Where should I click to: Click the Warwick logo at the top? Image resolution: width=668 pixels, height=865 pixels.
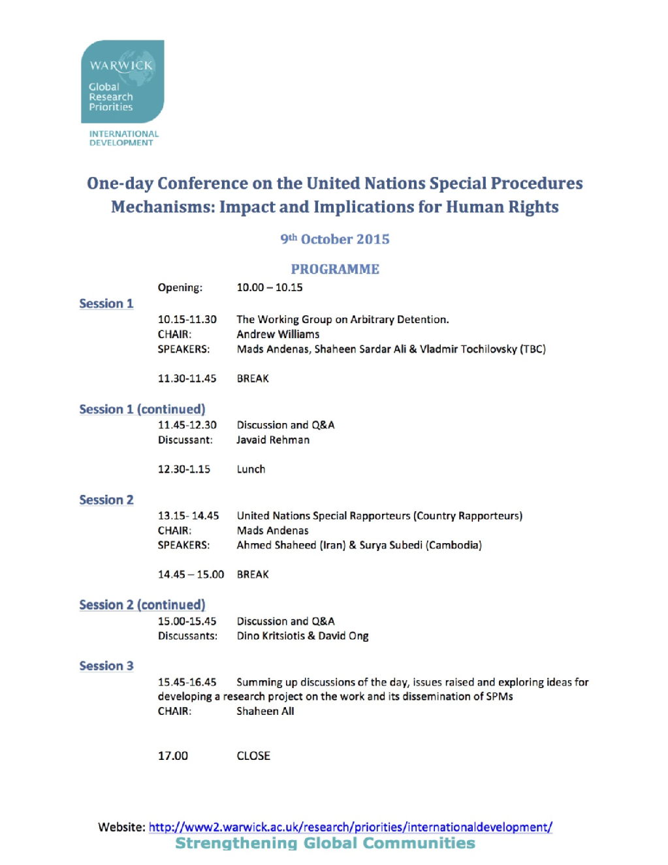point(122,81)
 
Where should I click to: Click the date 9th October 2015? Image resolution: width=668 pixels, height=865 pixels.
point(334,239)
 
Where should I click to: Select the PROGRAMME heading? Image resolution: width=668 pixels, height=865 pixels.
point(334,269)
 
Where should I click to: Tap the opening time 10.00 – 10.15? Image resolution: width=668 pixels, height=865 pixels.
point(269,287)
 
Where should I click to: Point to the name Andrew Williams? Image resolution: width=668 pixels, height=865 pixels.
point(278,334)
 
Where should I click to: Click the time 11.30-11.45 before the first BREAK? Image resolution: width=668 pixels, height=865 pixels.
point(187,379)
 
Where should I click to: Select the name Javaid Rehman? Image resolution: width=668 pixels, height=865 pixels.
point(273,440)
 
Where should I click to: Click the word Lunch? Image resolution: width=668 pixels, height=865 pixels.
point(251,469)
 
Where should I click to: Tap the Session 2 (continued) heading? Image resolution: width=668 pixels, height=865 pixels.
point(142,605)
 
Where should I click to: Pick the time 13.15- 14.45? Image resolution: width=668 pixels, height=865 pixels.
point(188,516)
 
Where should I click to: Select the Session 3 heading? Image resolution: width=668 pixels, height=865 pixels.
point(106,666)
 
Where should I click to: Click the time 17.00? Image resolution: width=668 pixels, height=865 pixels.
point(172,756)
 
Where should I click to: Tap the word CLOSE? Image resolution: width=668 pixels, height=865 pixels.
point(253,756)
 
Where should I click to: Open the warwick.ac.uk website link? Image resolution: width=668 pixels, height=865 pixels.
point(350,827)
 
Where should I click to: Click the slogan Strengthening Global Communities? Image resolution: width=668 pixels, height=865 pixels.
point(325,843)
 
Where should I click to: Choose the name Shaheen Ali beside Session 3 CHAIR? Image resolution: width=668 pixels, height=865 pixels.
point(265,711)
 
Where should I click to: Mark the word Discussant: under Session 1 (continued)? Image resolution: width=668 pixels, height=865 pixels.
point(185,440)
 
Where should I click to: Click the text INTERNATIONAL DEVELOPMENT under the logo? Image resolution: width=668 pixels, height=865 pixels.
point(123,138)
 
